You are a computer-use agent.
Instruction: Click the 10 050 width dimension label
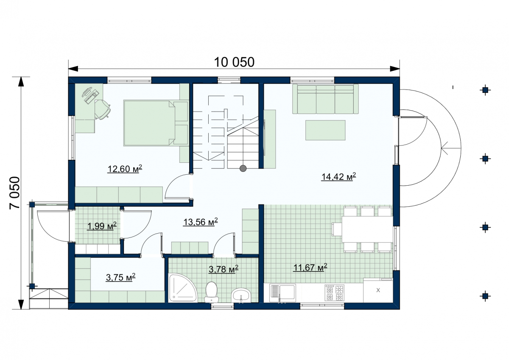pyautogui.click(x=234, y=62)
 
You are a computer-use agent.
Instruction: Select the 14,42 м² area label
pyautogui.click(x=338, y=176)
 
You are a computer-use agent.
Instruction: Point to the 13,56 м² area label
pyautogui.click(x=200, y=222)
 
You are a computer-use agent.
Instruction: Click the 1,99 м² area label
pyautogui.click(x=102, y=226)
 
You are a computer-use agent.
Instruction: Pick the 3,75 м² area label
pyautogui.click(x=120, y=277)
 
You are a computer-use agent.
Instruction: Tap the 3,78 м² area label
pyautogui.click(x=224, y=269)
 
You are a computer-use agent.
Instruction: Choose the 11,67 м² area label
pyautogui.click(x=310, y=268)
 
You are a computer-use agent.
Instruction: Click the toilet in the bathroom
pyautogui.click(x=211, y=292)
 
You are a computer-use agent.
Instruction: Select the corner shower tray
pyautogui.click(x=182, y=288)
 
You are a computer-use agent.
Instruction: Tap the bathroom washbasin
pyautogui.click(x=241, y=295)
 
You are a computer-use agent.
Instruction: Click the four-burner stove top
pyautogui.click(x=334, y=293)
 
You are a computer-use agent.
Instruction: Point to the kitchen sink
pyautogui.click(x=282, y=293)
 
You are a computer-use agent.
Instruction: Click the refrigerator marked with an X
pyautogui.click(x=378, y=290)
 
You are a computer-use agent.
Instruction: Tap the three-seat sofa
pyautogui.click(x=325, y=99)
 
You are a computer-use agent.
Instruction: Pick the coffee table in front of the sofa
pyautogui.click(x=325, y=130)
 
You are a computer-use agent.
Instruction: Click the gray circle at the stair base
pyautogui.click(x=243, y=168)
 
